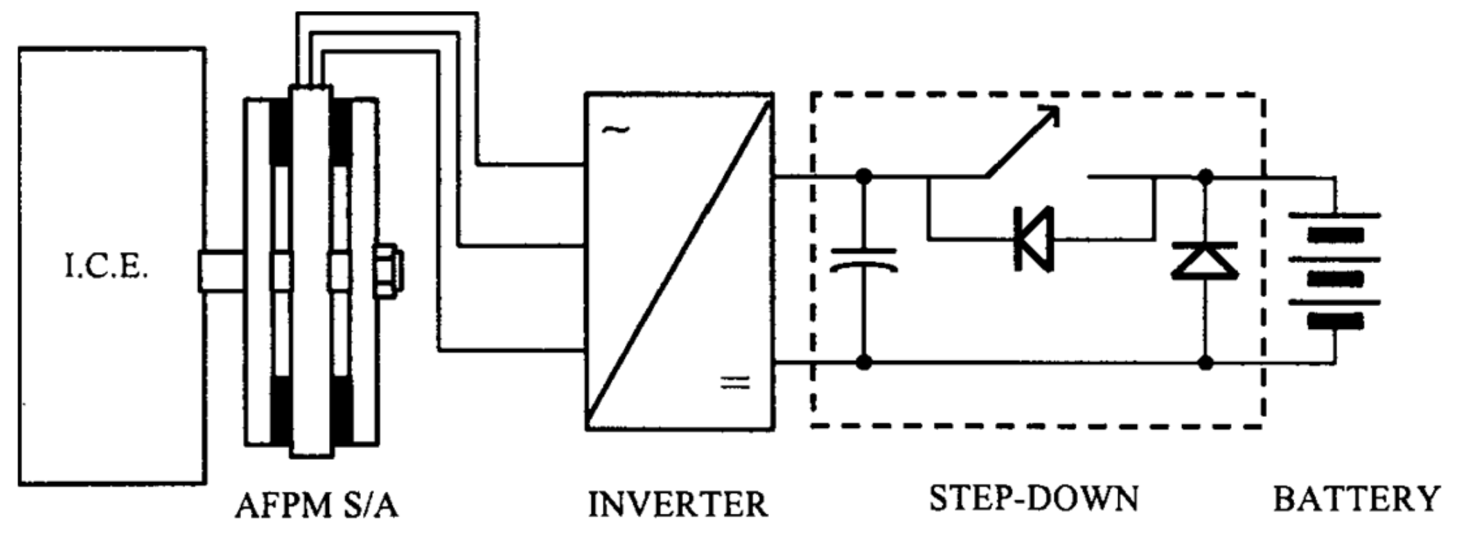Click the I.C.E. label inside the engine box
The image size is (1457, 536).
tap(107, 268)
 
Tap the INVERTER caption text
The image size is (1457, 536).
tap(678, 505)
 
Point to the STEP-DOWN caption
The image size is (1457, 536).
tap(1033, 499)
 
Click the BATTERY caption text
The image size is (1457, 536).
tap(1357, 500)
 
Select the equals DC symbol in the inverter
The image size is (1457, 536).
tap(734, 382)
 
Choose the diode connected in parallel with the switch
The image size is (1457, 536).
tap(1034, 239)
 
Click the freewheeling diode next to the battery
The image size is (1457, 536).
tap(1205, 261)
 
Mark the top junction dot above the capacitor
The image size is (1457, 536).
tap(863, 177)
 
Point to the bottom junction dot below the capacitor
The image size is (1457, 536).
tap(863, 361)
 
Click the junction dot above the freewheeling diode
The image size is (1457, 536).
tap(1206, 177)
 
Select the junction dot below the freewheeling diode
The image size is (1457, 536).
tap(1206, 361)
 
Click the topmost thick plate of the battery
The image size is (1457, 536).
tap(1335, 235)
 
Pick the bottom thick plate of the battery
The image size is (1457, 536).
tap(1335, 321)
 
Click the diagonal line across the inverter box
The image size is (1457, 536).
tap(679, 262)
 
